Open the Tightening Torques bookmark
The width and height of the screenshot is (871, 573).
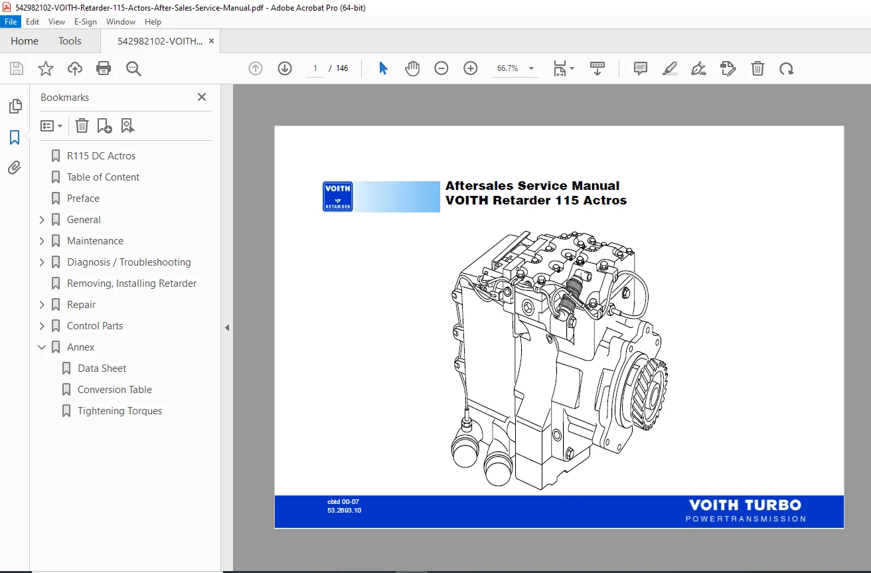tap(119, 411)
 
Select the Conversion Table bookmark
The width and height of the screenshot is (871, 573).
tap(114, 389)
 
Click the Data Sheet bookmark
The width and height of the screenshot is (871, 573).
tap(102, 368)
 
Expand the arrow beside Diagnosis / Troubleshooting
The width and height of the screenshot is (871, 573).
tap(42, 262)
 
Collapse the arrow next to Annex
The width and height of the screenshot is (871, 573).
tap(42, 347)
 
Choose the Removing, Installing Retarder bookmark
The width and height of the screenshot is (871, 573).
tap(131, 284)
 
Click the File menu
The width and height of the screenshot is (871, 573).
tap(11, 22)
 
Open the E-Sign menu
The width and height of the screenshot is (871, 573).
tap(86, 22)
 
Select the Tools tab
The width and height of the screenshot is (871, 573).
tap(70, 41)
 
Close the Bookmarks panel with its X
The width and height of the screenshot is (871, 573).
tap(201, 97)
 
